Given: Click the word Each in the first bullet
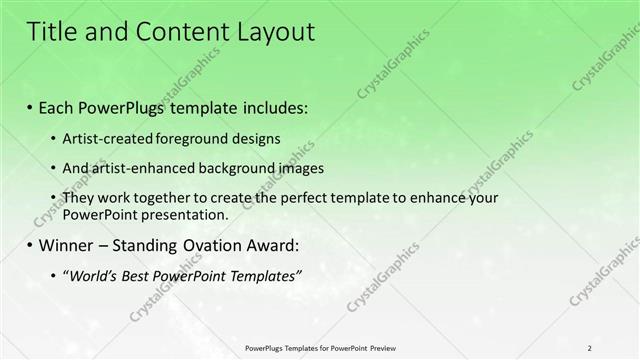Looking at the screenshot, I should pyautogui.click(x=59, y=107).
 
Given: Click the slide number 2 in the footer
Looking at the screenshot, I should pyautogui.click(x=590, y=348).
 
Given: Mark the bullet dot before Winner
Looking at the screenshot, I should pyautogui.click(x=29, y=246).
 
